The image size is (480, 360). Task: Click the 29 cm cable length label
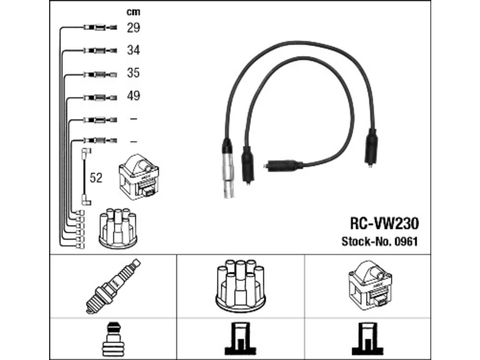[133, 28]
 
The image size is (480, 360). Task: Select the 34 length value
[133, 50]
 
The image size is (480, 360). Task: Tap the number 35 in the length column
[133, 73]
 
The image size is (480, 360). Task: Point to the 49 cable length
[133, 96]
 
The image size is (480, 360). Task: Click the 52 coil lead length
[96, 178]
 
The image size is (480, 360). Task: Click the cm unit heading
[133, 12]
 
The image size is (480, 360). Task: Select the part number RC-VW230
[384, 223]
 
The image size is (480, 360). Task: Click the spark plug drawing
[113, 286]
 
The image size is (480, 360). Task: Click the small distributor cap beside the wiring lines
[118, 228]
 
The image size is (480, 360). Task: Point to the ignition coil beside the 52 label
[139, 177]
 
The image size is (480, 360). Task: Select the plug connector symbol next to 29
[100, 28]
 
